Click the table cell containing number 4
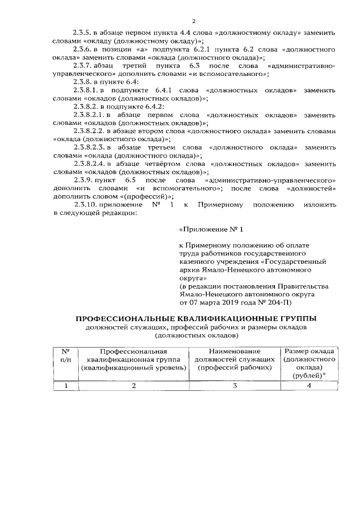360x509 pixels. [x=309, y=386]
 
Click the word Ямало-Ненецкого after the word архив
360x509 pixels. [x=221, y=269]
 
